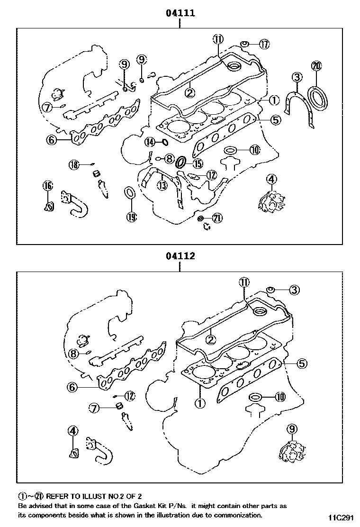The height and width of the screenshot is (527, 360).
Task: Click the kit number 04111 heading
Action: coord(180,13)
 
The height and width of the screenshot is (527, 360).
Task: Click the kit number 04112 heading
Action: coord(180,256)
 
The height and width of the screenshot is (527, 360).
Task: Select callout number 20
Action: coord(316,66)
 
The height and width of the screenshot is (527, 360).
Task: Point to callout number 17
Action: coord(264,44)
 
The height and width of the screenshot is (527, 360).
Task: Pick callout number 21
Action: coord(217,218)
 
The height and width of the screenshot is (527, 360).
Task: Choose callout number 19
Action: coord(131,217)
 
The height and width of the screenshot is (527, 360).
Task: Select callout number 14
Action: coord(150,142)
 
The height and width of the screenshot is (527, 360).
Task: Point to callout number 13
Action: coord(162,185)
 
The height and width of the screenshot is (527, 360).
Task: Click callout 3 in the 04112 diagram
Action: coord(294,290)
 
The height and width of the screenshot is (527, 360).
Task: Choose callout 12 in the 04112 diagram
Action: coord(130,395)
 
